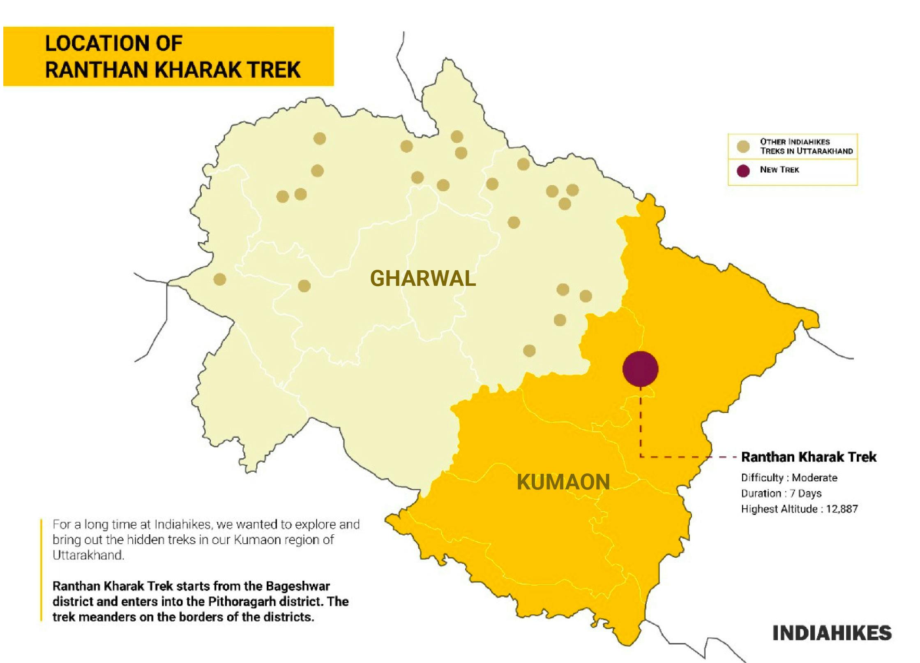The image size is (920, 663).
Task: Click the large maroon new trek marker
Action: (640, 369)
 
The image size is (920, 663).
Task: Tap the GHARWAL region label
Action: (423, 278)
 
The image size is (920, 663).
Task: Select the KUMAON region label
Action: (563, 482)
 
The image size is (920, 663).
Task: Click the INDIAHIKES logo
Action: (832, 633)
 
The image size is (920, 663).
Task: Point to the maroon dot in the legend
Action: (743, 171)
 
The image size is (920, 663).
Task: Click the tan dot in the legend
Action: (743, 147)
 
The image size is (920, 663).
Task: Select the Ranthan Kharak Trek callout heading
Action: (808, 457)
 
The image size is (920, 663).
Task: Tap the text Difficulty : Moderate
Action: (789, 478)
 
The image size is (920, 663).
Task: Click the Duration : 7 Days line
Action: (781, 493)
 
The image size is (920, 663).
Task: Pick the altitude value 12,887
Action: (842, 509)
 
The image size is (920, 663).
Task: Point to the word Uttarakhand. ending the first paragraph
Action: (88, 555)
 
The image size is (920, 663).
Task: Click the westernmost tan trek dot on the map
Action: (220, 280)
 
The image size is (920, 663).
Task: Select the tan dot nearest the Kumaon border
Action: (529, 351)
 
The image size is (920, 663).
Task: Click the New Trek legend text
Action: (779, 170)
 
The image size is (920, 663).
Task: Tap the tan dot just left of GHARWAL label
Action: (304, 286)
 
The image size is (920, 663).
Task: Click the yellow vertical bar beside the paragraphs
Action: (41, 570)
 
